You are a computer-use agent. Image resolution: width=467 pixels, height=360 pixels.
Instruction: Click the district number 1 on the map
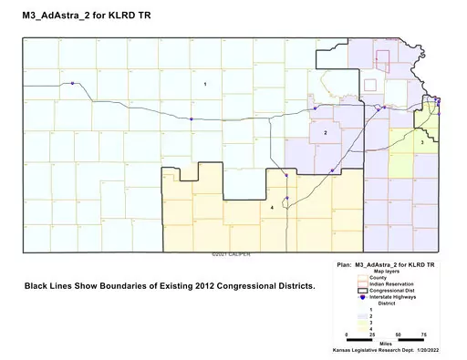pyautogui.click(x=205, y=84)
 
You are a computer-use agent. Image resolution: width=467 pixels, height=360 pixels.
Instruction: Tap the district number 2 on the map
pyautogui.click(x=326, y=133)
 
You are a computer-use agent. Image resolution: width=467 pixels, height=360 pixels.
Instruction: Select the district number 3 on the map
pyautogui.click(x=422, y=142)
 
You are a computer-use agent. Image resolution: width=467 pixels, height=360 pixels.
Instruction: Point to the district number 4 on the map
pyautogui.click(x=272, y=208)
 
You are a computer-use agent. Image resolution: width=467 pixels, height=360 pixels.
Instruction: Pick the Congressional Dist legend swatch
pyautogui.click(x=362, y=290)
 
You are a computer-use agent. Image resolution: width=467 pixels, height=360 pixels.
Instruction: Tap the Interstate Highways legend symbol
pyautogui.click(x=362, y=296)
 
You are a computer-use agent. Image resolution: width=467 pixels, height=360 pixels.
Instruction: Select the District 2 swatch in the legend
pyautogui.click(x=362, y=314)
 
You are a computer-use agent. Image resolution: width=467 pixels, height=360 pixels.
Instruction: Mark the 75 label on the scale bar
pyautogui.click(x=422, y=334)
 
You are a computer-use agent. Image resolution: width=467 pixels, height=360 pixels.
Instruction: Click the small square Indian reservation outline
pyautogui.click(x=370, y=84)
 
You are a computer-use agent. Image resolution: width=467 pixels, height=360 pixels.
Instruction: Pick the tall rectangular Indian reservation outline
pyautogui.click(x=384, y=62)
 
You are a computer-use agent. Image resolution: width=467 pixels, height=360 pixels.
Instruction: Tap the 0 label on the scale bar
pyautogui.click(x=348, y=334)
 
